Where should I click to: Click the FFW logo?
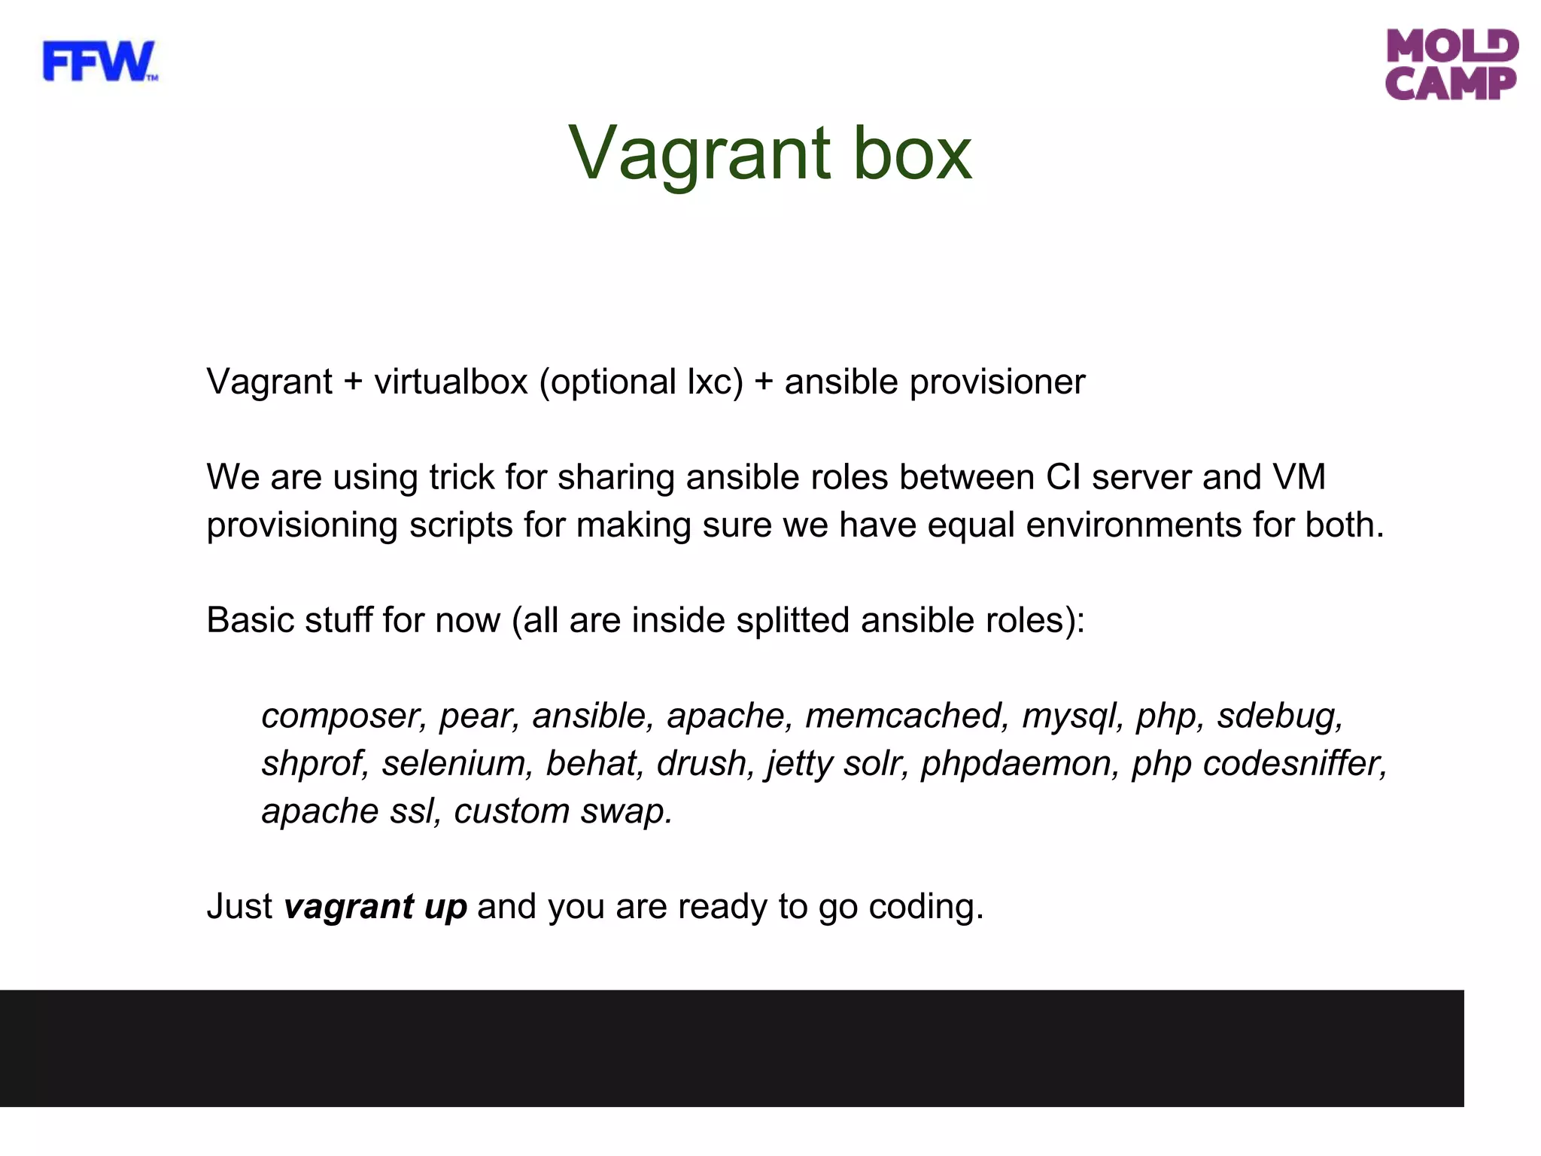pyautogui.click(x=99, y=62)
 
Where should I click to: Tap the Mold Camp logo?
pyautogui.click(x=1451, y=65)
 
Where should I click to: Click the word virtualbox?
pyautogui.click(x=451, y=382)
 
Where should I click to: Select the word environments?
pyautogui.click(x=1133, y=525)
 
